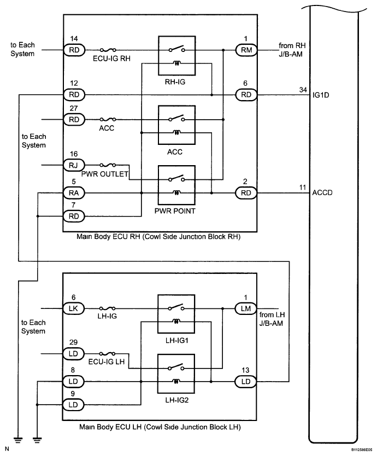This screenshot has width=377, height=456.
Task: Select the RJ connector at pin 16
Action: coord(74,163)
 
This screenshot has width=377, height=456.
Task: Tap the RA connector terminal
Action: coord(74,192)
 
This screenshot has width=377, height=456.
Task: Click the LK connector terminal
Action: coord(73,308)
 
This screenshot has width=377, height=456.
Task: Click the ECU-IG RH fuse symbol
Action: coord(107,50)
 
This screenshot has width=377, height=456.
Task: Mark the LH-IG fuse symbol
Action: coord(107,308)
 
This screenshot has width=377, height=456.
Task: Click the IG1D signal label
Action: coord(320,95)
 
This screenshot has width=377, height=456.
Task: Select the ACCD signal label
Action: coord(322,192)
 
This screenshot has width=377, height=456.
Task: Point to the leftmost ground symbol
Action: coord(19,437)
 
